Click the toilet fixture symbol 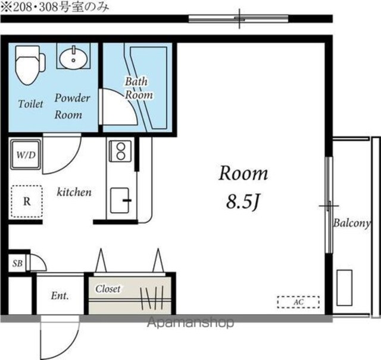30,65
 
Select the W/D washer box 26,155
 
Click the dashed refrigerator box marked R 27,201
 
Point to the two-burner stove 120,151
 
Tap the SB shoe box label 17,263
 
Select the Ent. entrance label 60,296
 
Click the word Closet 108,288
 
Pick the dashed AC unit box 298,302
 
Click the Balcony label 352,223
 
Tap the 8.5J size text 243,201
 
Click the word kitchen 74,192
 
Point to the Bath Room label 139,88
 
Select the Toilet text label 30,104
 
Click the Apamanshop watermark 190,322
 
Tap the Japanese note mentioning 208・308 55,8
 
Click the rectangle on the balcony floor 344,287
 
